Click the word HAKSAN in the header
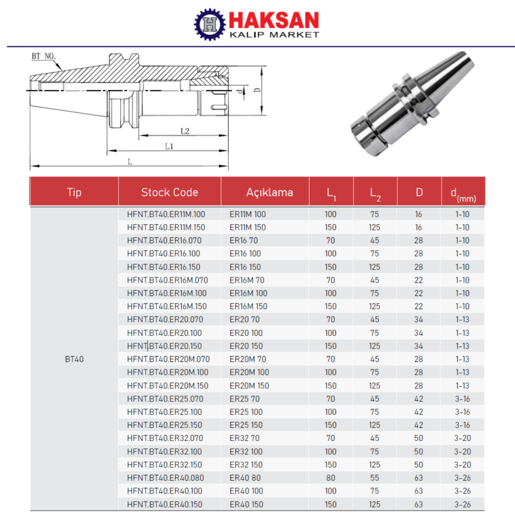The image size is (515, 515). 274,20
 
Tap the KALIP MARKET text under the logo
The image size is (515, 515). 274,35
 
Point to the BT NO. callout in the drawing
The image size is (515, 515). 43,56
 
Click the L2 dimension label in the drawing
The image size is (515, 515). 185,130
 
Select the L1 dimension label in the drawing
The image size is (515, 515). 169,146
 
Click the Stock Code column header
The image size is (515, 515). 170,192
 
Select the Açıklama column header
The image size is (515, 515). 269,192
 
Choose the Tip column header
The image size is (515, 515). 74,192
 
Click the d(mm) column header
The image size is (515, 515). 462,193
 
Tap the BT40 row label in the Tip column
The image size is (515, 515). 74,359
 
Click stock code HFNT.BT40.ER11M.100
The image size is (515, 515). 166,214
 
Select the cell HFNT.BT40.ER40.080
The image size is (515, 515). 165,478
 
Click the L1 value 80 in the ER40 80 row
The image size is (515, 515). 330,478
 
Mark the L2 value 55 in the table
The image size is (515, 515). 374,478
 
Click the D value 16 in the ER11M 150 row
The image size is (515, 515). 418,227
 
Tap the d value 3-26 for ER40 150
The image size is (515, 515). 462,504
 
